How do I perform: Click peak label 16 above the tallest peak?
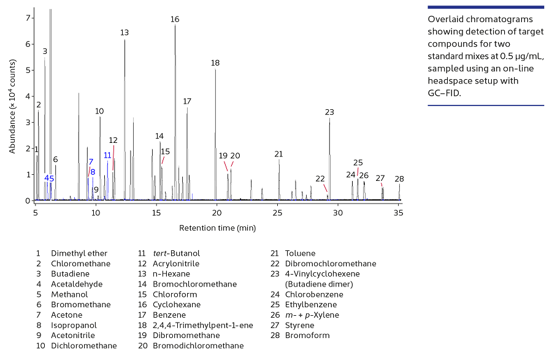coord(175,20)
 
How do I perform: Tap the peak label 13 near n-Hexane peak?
coord(125,33)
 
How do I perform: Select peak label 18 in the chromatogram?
coord(215,63)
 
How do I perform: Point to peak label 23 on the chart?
coord(329,112)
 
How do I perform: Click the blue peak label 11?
coord(107,155)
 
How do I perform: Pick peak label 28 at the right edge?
coord(399,179)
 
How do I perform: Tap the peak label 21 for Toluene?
coord(278,154)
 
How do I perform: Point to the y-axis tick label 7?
coord(28,18)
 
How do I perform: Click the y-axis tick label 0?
coord(28,201)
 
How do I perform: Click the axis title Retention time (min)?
coord(217,228)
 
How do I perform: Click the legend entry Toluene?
coord(300,253)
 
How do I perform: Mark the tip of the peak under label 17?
coord(187,109)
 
